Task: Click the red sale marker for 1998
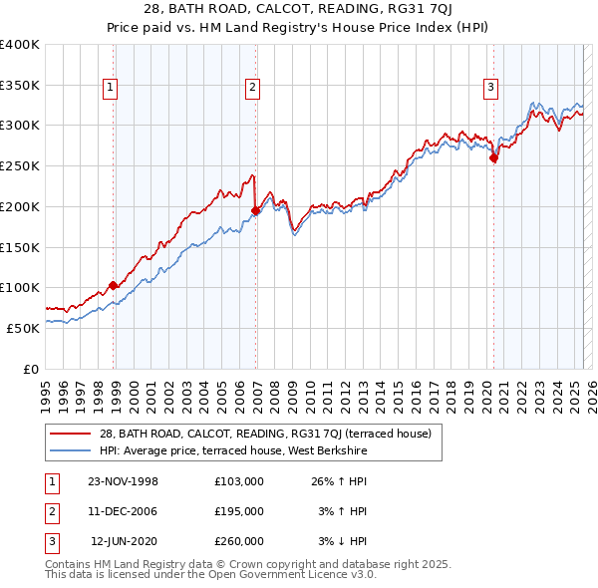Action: [x=113, y=285]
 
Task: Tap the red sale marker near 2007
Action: [x=256, y=210]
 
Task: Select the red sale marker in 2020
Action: [x=494, y=157]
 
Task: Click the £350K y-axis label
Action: [x=20, y=85]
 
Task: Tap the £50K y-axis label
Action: [x=24, y=327]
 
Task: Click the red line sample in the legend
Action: [x=70, y=434]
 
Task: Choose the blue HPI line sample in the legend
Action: [x=70, y=451]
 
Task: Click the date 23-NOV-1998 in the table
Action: [x=123, y=481]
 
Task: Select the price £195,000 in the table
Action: [x=238, y=511]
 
